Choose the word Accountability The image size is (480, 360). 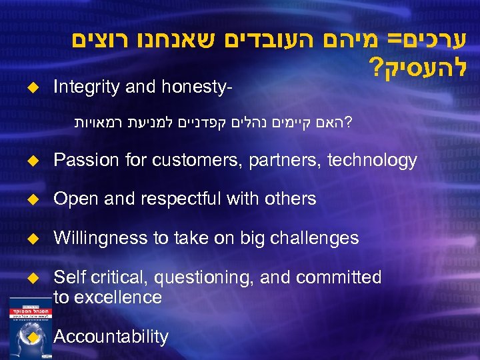click(111, 337)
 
